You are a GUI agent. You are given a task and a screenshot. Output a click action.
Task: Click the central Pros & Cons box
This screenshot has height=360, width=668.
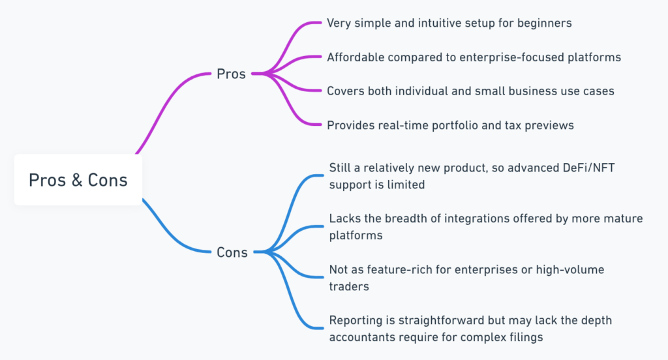click(78, 180)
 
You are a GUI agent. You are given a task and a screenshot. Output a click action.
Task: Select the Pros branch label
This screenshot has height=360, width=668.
click(231, 74)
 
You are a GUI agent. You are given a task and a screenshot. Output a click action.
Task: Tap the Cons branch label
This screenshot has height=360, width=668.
click(232, 252)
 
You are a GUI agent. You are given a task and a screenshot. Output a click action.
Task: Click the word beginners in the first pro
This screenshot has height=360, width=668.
click(544, 23)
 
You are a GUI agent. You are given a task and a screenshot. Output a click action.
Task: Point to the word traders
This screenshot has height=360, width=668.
click(349, 286)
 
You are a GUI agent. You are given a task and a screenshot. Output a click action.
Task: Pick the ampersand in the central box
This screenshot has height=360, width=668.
click(77, 180)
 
